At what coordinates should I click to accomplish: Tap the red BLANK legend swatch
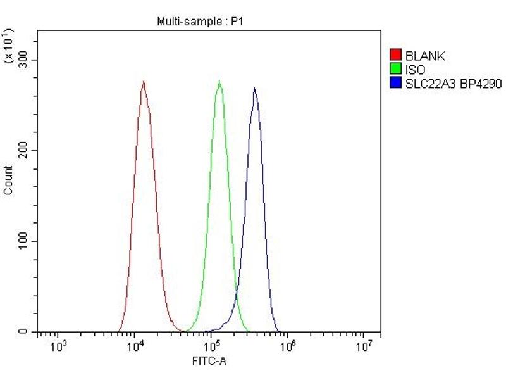[397, 56]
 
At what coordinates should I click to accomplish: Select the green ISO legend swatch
[397, 70]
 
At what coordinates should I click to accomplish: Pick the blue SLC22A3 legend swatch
[397, 83]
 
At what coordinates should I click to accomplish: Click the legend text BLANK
[425, 56]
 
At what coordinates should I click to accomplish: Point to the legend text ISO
[416, 70]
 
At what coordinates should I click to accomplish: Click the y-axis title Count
[8, 180]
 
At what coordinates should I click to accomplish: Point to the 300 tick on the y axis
[23, 60]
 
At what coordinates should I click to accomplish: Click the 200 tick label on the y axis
[23, 150]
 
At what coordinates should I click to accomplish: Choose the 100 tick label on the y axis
[23, 241]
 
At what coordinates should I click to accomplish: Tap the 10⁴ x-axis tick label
[135, 346]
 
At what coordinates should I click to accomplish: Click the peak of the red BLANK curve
[144, 82]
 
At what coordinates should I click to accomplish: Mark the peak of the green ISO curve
[219, 81]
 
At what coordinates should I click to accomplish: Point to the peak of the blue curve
[254, 89]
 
